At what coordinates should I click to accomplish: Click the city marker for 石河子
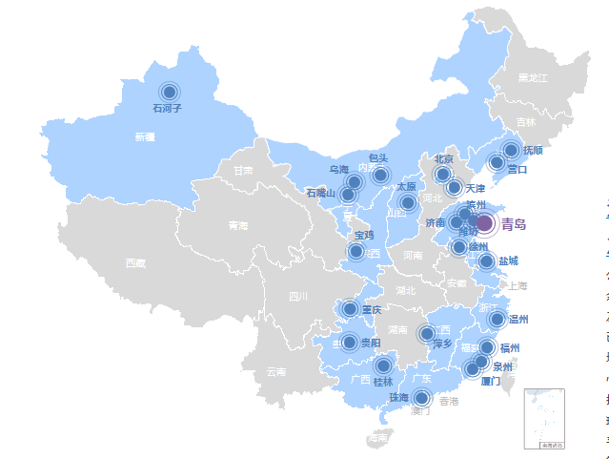pyautogui.click(x=170, y=92)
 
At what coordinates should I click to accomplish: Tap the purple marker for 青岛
pyautogui.click(x=484, y=223)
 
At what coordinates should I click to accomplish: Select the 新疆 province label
pyautogui.click(x=145, y=137)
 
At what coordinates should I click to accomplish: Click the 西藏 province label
pyautogui.click(x=135, y=262)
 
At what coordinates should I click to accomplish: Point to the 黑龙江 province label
pyautogui.click(x=533, y=77)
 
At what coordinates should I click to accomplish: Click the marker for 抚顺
pyautogui.click(x=511, y=150)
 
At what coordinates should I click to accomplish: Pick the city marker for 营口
pyautogui.click(x=497, y=163)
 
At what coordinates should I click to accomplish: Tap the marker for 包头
pyautogui.click(x=380, y=174)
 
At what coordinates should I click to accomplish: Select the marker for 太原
pyautogui.click(x=408, y=202)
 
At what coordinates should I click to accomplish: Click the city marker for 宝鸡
pyautogui.click(x=356, y=251)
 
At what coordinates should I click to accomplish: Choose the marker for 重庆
pyautogui.click(x=350, y=308)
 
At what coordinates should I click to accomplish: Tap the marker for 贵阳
pyautogui.click(x=350, y=342)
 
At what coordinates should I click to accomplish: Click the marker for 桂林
pyautogui.click(x=383, y=365)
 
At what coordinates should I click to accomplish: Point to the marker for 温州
pyautogui.click(x=497, y=320)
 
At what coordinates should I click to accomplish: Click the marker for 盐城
pyautogui.click(x=486, y=261)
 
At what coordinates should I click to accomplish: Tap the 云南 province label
pyautogui.click(x=275, y=371)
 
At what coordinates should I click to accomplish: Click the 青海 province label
pyautogui.click(x=237, y=226)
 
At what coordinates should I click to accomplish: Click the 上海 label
pyautogui.click(x=518, y=285)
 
